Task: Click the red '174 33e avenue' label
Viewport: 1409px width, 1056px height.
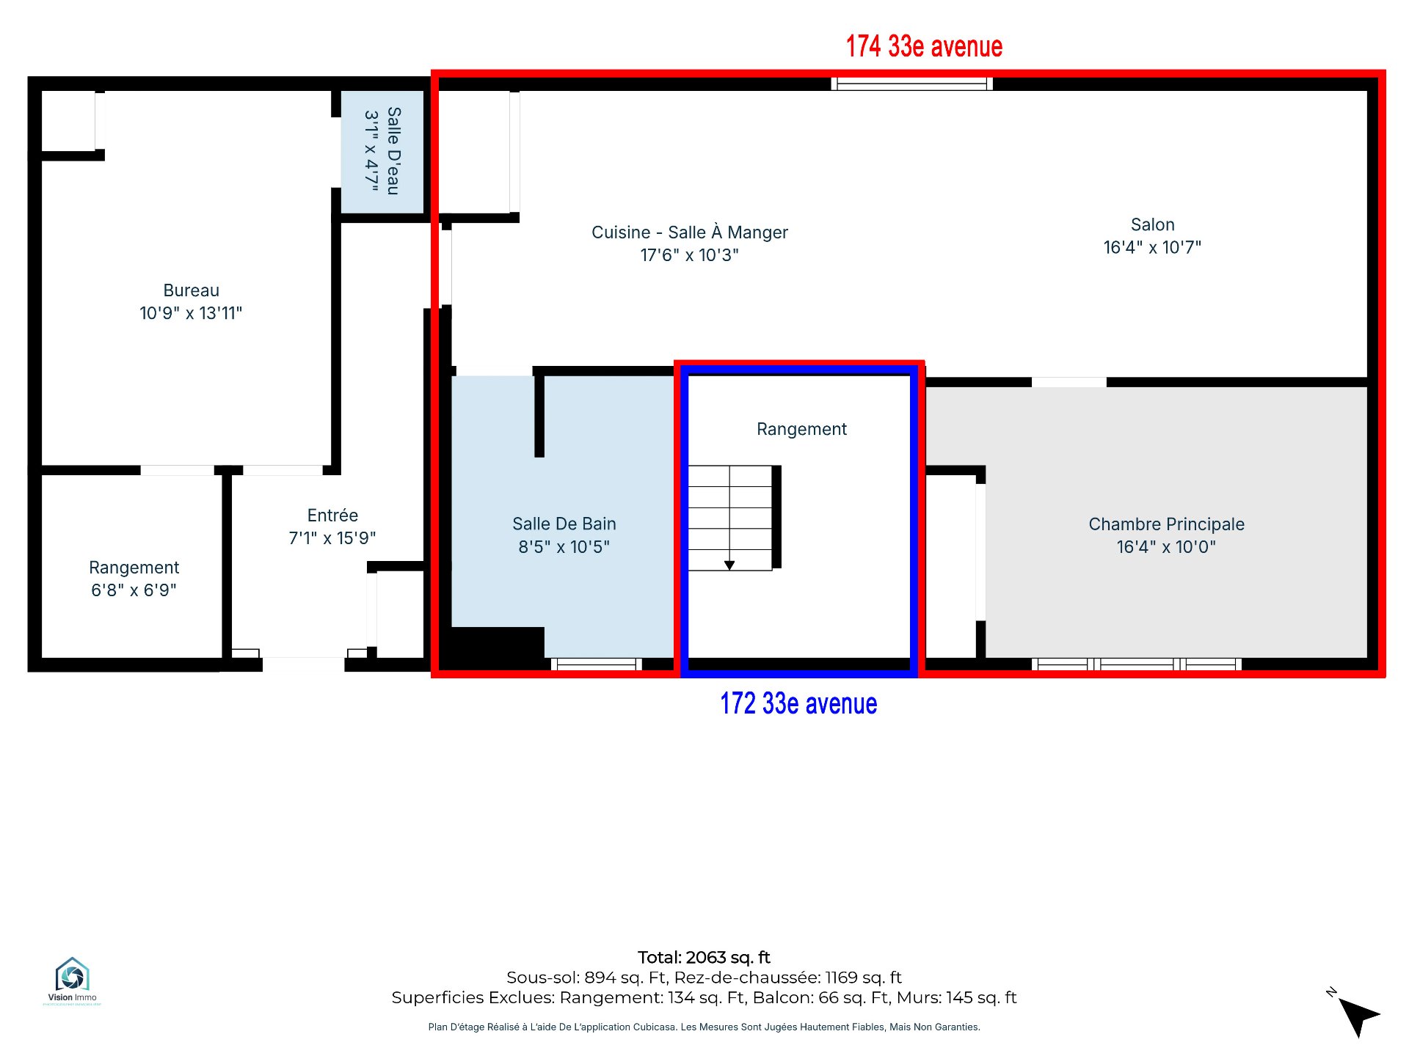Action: pos(924,46)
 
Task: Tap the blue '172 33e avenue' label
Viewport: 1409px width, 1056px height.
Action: pos(798,703)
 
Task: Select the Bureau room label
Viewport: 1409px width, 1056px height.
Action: pos(191,290)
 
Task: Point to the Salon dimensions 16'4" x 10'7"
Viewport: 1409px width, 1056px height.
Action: pos(1152,247)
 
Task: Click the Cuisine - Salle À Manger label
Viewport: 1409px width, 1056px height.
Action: pos(690,232)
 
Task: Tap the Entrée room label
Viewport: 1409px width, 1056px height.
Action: pos(332,515)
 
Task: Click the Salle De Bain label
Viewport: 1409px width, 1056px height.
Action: pos(564,524)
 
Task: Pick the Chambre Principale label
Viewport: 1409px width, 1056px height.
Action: pos(1166,524)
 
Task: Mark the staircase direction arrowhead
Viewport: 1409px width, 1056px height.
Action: pos(729,565)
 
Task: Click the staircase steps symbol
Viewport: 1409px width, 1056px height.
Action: pos(730,518)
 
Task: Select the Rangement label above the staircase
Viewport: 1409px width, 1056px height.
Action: pos(801,429)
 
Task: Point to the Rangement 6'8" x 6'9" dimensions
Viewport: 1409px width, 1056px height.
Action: pos(134,590)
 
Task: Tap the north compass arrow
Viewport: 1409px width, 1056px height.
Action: pos(1358,1015)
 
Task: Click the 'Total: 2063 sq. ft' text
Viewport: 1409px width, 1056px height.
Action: pos(704,957)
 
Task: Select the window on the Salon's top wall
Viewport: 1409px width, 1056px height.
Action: pos(911,84)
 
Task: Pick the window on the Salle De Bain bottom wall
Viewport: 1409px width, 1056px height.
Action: pos(597,664)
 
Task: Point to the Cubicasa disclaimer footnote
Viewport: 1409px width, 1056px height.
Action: pos(704,1027)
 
